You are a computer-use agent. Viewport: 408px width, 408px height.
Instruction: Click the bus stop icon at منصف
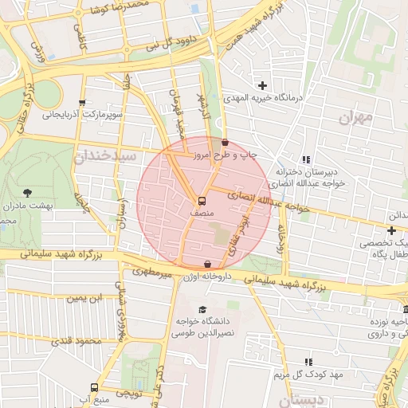200,201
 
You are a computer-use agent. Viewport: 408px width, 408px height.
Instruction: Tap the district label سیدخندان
101,156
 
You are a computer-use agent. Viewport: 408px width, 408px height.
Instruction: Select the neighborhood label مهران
355,118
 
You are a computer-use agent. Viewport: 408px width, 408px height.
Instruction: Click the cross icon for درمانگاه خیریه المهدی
262,85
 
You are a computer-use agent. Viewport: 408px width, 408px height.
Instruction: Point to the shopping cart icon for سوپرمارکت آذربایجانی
82,103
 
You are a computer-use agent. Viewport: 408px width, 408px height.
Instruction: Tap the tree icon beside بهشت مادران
28,192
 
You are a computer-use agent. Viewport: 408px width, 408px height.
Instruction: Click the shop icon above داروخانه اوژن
208,264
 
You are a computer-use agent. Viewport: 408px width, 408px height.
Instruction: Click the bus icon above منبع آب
95,386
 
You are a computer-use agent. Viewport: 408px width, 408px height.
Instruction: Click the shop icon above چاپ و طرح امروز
224,143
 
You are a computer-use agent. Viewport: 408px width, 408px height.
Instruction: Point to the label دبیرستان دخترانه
303,172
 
